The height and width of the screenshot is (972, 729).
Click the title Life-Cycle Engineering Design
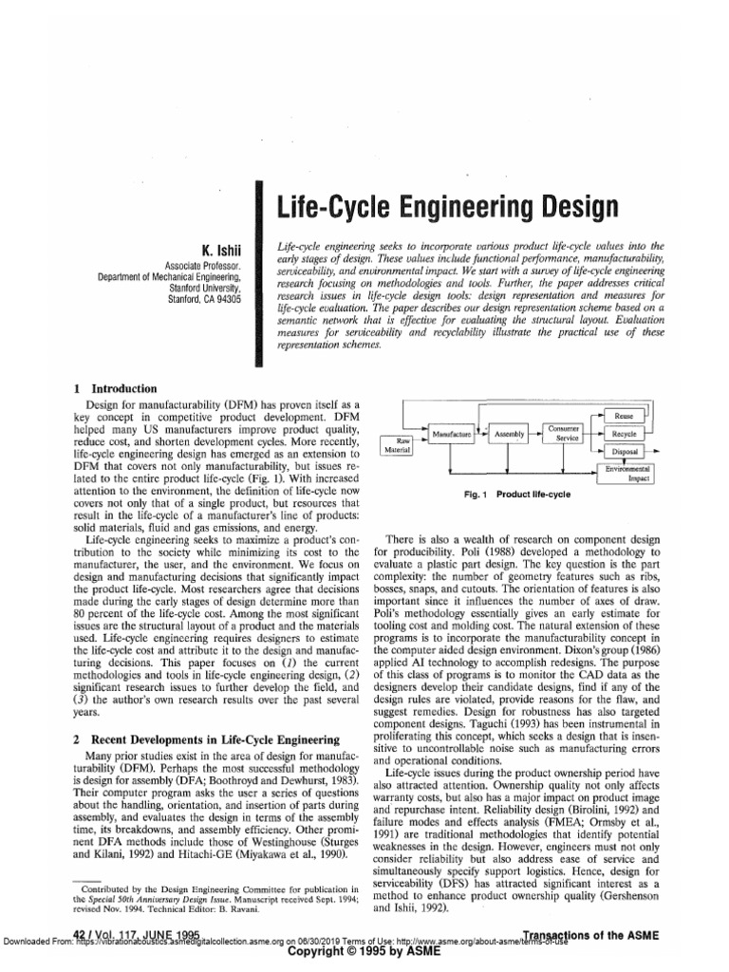coord(445,207)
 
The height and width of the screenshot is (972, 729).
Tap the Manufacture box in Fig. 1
coord(452,434)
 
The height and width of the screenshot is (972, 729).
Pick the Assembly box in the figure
coord(510,434)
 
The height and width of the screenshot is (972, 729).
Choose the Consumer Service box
coord(568,434)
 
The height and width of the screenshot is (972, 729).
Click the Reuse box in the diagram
coord(625,416)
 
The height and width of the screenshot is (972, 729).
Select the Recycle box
coord(625,434)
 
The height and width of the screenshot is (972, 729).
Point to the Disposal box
coord(625,452)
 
